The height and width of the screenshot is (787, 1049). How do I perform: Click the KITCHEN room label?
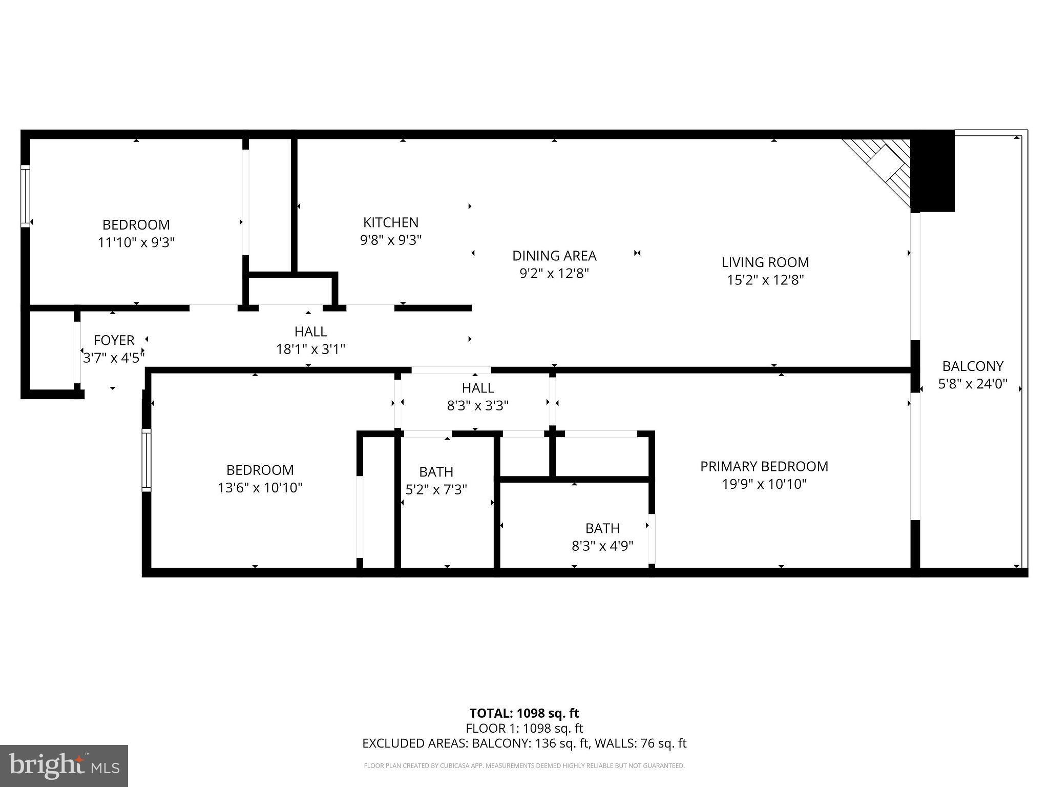390,222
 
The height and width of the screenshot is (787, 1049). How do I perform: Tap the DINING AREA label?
554,256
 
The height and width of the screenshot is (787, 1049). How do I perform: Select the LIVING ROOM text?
765,262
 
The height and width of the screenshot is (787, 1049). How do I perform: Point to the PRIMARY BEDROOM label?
764,466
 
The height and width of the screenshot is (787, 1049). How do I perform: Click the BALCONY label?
972,366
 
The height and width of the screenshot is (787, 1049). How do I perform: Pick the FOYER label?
114,340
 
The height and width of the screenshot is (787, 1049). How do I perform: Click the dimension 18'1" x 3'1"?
310,349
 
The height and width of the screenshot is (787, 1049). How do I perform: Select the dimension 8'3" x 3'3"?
477,406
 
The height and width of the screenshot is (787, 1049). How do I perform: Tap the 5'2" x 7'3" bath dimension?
436,490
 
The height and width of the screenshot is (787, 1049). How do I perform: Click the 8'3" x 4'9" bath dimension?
602,546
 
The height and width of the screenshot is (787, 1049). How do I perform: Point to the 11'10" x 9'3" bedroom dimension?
136,242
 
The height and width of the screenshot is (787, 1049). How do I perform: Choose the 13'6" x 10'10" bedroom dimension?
260,488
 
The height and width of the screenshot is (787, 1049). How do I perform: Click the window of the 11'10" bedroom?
25,196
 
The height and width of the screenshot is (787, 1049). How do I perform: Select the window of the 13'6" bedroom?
146,460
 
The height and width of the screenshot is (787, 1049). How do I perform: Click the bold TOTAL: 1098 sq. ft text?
524,713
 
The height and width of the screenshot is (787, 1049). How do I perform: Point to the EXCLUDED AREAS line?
524,743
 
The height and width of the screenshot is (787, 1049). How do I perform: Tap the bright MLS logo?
64,765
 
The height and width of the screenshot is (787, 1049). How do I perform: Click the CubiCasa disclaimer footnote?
524,766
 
